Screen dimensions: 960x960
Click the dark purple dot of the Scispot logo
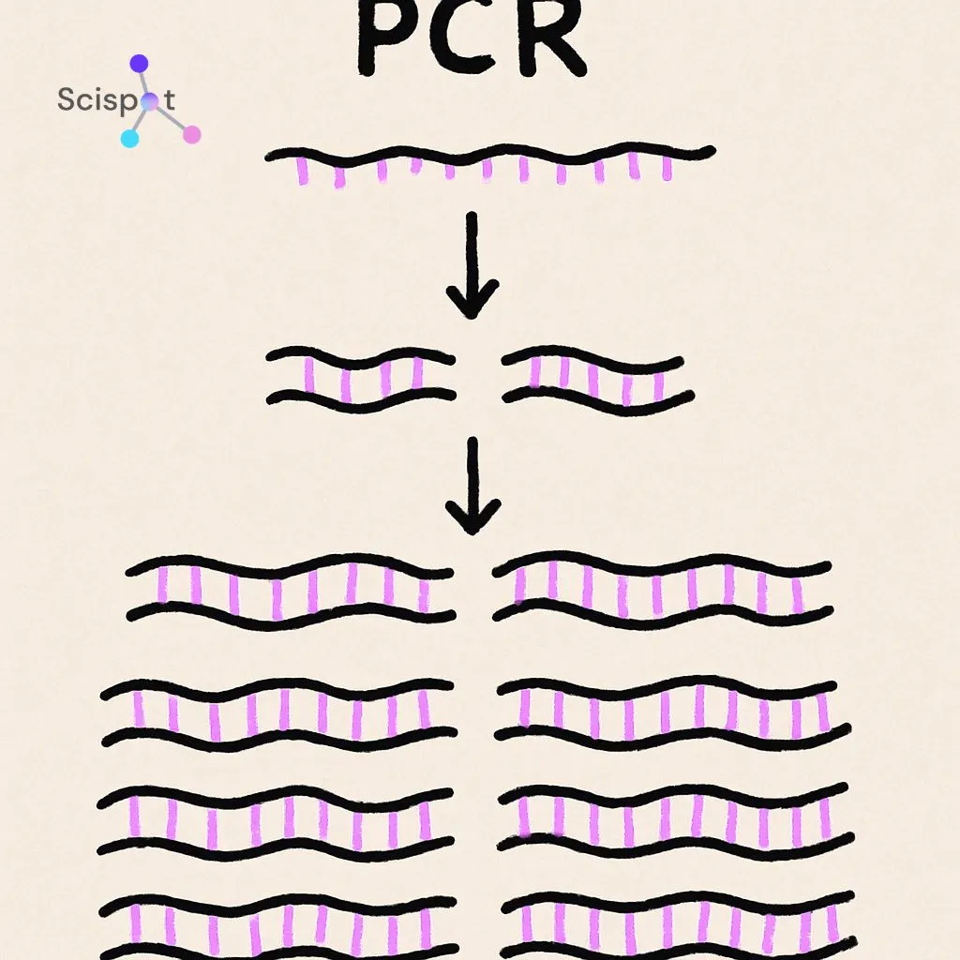coord(139,64)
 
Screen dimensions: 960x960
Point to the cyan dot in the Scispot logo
coord(130,139)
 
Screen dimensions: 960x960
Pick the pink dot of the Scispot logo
coord(192,135)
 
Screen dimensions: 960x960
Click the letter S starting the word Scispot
coord(66,99)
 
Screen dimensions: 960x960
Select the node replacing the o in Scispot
coord(148,102)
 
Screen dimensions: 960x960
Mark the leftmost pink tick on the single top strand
coord(303,171)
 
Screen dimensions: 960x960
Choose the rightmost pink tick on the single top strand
coord(667,167)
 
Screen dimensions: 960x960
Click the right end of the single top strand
coord(711,150)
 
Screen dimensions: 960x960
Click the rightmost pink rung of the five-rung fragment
coord(658,384)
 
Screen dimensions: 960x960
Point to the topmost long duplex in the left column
coord(291,589)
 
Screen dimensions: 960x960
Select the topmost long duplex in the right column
coord(662,589)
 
